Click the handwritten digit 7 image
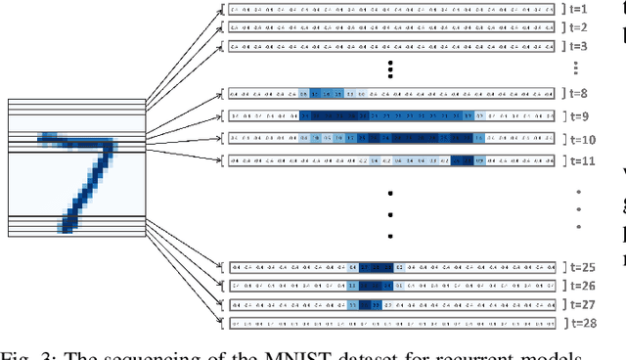click(76, 167)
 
